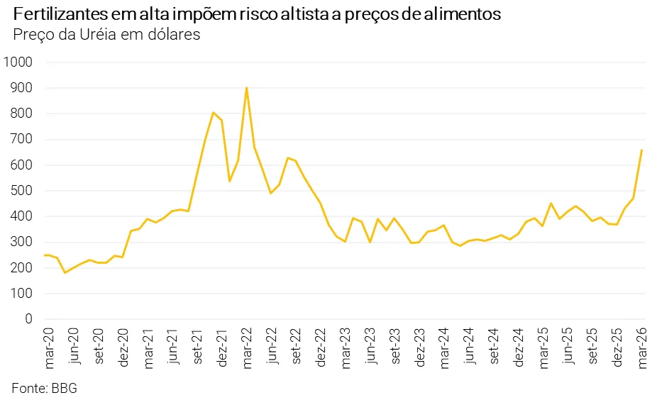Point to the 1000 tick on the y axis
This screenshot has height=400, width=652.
[18, 62]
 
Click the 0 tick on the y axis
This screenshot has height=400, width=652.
[29, 319]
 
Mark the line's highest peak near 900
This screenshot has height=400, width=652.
[246, 88]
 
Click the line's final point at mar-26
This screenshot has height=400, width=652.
[641, 150]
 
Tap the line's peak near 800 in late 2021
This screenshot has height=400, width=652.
[213, 113]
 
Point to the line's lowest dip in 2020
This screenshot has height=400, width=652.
[65, 272]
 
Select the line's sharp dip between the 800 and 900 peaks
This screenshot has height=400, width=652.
[229, 181]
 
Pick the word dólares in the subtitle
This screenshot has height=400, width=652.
[175, 33]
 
